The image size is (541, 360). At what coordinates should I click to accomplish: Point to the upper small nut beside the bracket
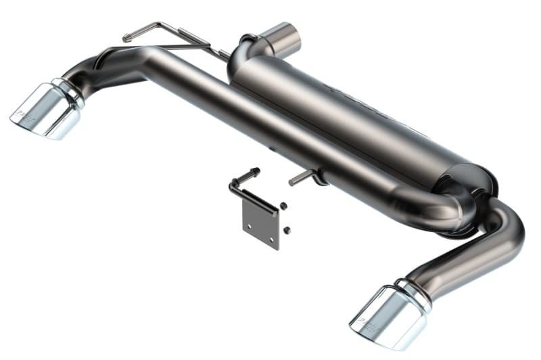(x=283, y=206)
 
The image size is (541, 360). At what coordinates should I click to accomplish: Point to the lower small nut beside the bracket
(x=287, y=230)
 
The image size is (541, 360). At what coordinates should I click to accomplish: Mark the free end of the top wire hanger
(x=128, y=38)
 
